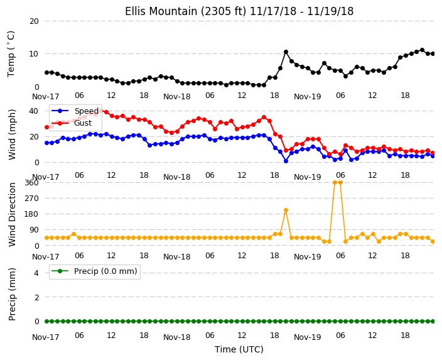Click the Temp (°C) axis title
[x=11, y=54]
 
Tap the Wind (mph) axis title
[x=12, y=134]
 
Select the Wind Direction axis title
[x=12, y=214]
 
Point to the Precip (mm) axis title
[x=12, y=294]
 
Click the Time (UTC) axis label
[x=239, y=349]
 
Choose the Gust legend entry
[x=83, y=123]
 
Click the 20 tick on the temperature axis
[x=34, y=21]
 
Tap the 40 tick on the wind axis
[x=33, y=111]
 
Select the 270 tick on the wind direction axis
[x=31, y=199]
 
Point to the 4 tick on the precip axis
[x=36, y=273]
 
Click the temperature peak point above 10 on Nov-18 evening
[x=286, y=52]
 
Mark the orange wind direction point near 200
[x=286, y=210]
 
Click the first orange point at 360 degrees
[x=335, y=183]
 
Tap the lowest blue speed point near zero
[x=286, y=161]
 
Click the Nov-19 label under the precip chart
[x=307, y=337]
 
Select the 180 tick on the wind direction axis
[x=31, y=214]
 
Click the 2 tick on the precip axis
[x=36, y=297]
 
